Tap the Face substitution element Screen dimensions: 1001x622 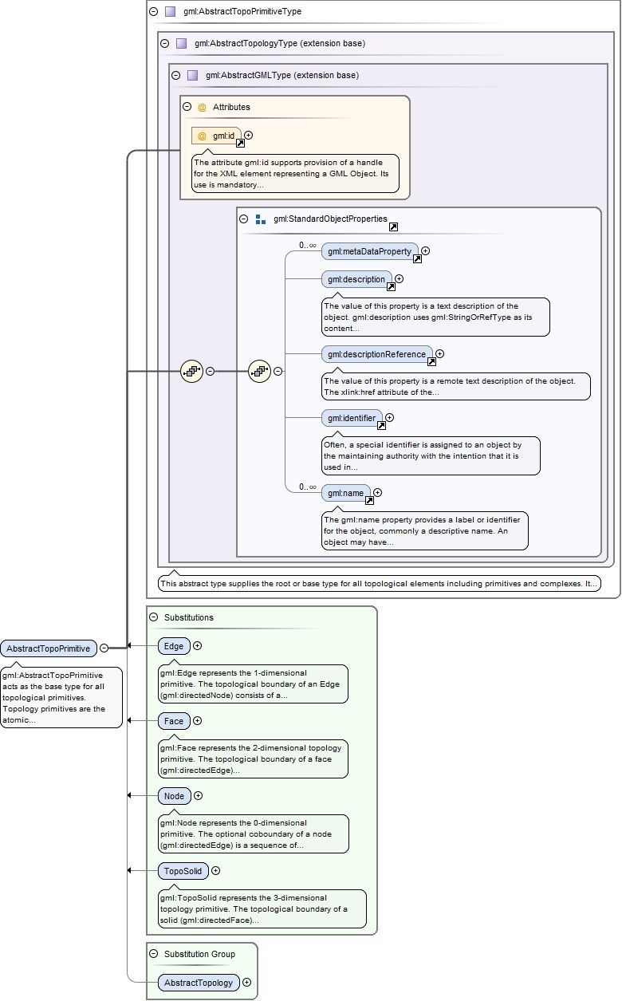pos(173,721)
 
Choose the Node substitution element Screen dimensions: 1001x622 pos(173,796)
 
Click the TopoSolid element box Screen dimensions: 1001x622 pos(183,871)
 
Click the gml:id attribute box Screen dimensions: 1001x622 pos(216,136)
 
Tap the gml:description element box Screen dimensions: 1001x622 pos(356,279)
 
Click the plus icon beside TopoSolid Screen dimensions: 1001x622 pos(215,871)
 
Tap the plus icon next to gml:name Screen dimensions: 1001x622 pos(378,493)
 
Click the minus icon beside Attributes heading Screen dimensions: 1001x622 pos(187,106)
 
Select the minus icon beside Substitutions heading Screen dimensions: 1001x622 pos(154,617)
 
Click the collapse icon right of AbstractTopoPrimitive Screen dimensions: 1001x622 pos(104,648)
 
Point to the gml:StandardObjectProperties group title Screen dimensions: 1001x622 pos(329,219)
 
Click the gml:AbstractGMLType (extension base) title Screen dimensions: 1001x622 pos(281,76)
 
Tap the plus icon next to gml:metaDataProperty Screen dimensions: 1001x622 pos(425,251)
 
